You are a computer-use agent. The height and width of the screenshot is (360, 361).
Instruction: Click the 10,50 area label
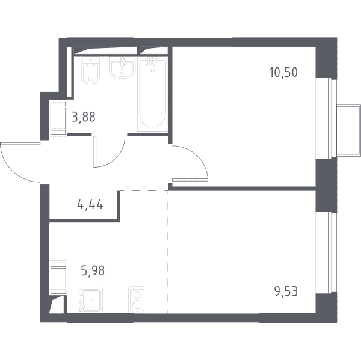tap(283, 72)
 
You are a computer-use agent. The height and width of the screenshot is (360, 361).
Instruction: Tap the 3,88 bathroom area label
tap(84, 117)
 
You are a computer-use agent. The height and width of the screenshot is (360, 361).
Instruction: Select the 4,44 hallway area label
tap(90, 204)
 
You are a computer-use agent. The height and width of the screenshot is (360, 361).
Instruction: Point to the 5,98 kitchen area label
tap(93, 270)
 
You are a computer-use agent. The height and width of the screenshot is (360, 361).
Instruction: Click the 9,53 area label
tap(286, 291)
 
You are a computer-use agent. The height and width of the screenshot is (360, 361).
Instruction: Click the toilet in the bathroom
tap(91, 71)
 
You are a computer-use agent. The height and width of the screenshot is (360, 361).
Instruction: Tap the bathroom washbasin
tap(122, 67)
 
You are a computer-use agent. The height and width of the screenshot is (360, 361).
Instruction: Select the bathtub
tap(152, 94)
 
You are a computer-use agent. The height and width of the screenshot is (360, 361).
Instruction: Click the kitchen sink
tap(89, 300)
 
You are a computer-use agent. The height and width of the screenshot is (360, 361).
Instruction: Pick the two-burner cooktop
tap(137, 300)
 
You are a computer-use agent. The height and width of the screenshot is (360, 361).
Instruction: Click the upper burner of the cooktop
tap(137, 294)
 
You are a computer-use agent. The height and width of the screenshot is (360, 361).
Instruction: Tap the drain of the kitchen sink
tap(93, 300)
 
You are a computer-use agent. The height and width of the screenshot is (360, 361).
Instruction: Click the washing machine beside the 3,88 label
tap(58, 118)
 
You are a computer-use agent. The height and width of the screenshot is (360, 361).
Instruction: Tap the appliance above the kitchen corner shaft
tap(58, 278)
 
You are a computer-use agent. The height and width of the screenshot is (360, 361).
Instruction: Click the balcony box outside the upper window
tap(348, 130)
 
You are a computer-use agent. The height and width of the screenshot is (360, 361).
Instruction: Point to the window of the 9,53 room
tap(324, 252)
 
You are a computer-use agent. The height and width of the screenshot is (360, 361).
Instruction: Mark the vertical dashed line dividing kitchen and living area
tap(168, 251)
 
